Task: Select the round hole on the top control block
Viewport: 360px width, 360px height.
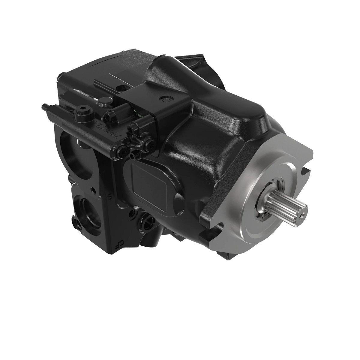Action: tap(123, 88)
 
